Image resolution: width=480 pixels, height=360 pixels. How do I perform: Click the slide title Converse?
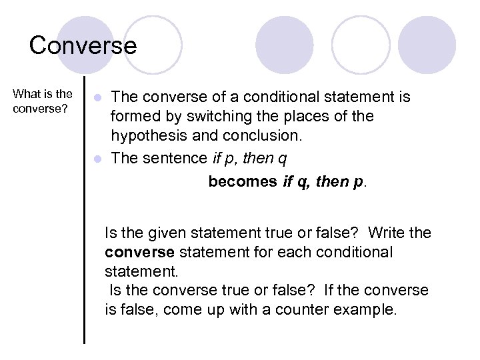coord(83,45)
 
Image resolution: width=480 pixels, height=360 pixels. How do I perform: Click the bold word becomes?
coord(242,182)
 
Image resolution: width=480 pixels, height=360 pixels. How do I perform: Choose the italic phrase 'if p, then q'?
coord(249,159)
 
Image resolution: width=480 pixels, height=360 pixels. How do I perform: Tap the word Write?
coord(387,233)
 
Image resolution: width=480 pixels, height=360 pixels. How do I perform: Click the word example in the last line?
coord(368,311)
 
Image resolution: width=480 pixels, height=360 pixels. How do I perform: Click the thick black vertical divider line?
coord(85,220)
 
